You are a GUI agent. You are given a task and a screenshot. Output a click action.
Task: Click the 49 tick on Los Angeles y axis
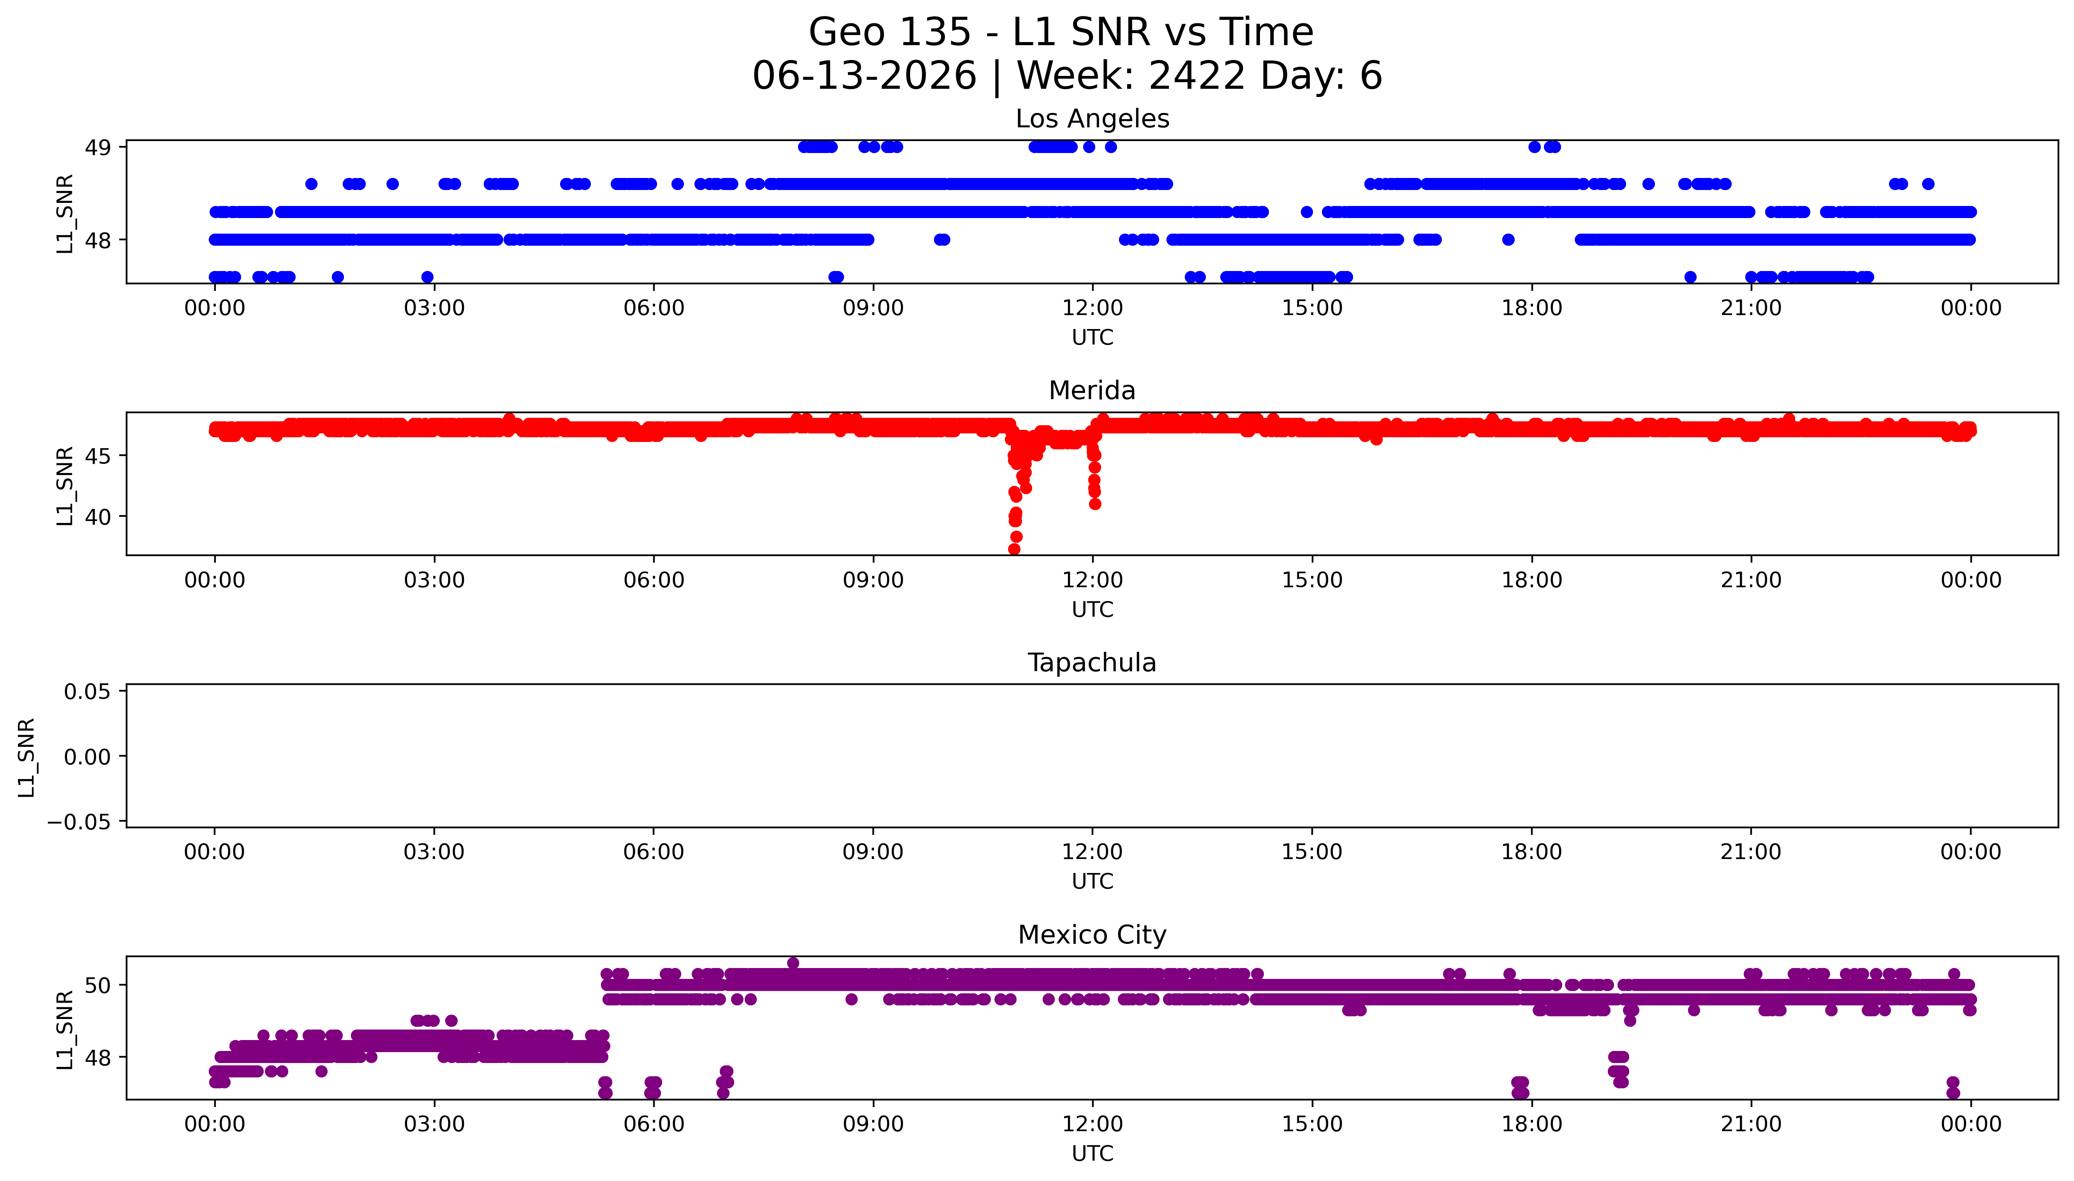click(98, 148)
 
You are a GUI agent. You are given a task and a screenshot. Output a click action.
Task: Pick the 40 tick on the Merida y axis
click(98, 517)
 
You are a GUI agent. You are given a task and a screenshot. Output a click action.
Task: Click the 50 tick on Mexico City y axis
click(98, 986)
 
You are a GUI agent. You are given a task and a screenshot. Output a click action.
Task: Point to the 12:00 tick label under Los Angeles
click(1093, 308)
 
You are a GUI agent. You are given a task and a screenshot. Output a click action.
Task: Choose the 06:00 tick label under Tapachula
click(654, 852)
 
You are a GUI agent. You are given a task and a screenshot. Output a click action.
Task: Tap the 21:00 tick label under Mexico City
click(1751, 1124)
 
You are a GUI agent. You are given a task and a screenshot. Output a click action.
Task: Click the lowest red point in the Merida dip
click(1014, 549)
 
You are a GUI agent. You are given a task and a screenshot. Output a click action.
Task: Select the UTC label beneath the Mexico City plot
click(1093, 1153)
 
